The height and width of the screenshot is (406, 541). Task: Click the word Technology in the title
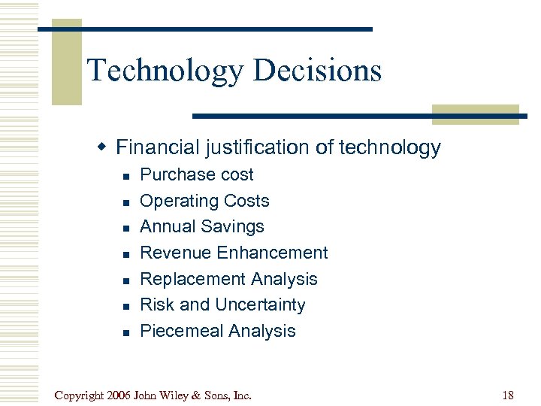[x=166, y=71]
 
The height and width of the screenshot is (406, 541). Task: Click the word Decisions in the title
[x=318, y=71]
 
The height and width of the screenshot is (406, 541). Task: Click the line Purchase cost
[x=197, y=174]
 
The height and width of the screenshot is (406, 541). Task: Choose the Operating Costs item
[x=204, y=201]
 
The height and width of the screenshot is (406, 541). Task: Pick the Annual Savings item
[x=202, y=226]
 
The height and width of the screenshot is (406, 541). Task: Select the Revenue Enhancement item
[x=234, y=253]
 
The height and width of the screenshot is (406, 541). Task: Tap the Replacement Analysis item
[x=228, y=279]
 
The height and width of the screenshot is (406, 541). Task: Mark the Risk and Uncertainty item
[x=222, y=304]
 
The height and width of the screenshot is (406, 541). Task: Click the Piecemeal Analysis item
[x=218, y=331]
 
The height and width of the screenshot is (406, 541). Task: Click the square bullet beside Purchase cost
[x=127, y=176]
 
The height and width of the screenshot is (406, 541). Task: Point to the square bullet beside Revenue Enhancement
[x=127, y=254]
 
